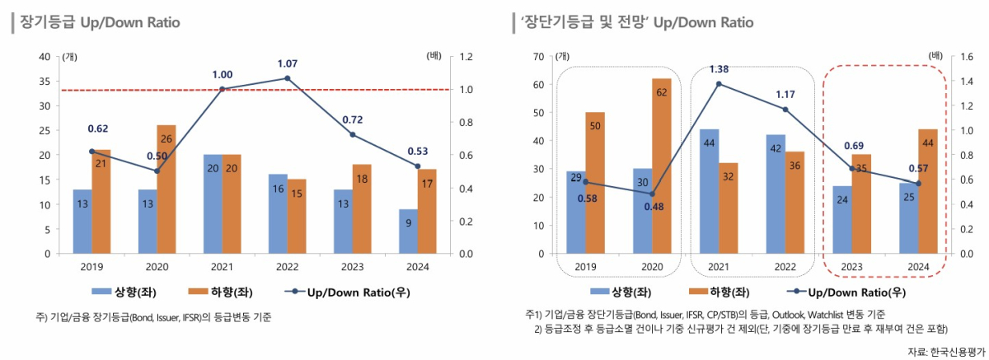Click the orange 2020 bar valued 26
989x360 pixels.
pyautogui.click(x=166, y=189)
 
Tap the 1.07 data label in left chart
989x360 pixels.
pyautogui.click(x=288, y=63)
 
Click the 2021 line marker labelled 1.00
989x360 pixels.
pyautogui.click(x=223, y=89)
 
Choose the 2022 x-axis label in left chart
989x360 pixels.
pyautogui.click(x=288, y=267)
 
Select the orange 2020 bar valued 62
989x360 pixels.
pyautogui.click(x=661, y=166)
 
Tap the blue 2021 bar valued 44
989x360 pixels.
pyautogui.click(x=709, y=191)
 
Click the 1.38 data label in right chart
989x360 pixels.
pyautogui.click(x=719, y=69)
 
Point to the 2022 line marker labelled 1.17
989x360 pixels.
pyautogui.click(x=785, y=110)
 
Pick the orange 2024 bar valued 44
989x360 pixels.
pyautogui.click(x=928, y=191)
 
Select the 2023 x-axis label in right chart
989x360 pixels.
pyautogui.click(x=851, y=267)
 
